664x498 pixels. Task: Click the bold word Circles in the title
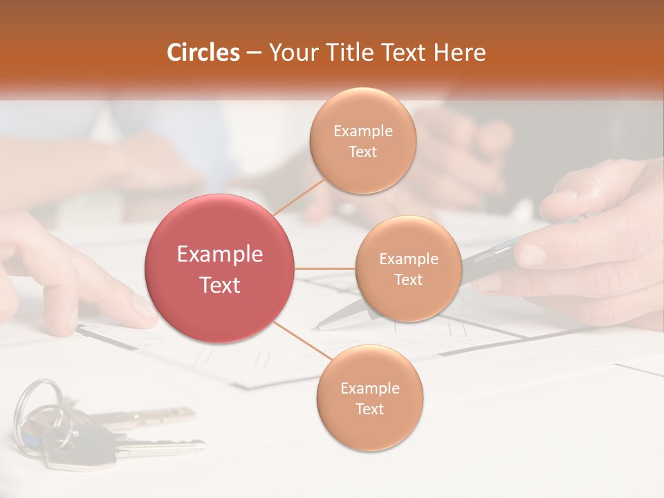203,53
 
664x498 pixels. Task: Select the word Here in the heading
460,53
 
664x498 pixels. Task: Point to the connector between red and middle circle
325,268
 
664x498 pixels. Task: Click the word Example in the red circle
220,255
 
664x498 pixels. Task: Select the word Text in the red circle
220,285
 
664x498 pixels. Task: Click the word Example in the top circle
362,131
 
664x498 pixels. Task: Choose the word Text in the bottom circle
369,409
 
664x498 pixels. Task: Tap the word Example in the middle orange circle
408,259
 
